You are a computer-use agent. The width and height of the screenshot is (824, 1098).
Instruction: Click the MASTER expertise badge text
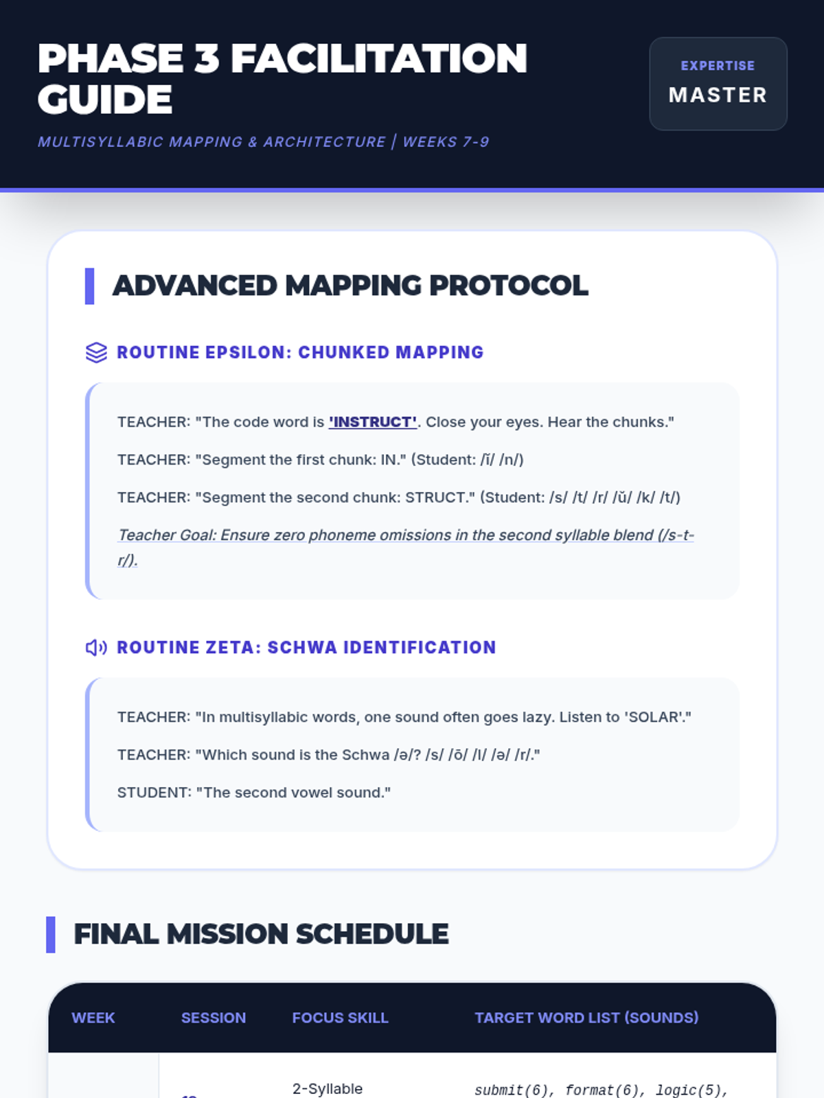point(718,95)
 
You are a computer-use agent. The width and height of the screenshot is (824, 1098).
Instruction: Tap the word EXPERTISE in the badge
point(718,65)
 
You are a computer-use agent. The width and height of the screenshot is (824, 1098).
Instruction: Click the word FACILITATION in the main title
point(378,58)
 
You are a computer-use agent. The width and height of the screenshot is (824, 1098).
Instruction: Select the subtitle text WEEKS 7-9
point(446,142)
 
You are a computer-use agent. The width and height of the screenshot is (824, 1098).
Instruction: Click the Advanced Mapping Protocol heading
point(350,285)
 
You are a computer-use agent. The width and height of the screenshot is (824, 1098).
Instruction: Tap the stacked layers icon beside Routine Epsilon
point(96,352)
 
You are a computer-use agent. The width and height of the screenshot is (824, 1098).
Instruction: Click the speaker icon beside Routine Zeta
point(96,647)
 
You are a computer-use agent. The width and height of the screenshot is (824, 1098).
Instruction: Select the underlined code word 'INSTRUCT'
point(373,421)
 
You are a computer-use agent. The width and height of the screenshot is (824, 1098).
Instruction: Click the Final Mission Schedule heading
point(261,934)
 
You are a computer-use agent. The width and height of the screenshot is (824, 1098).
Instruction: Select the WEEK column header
point(93,1018)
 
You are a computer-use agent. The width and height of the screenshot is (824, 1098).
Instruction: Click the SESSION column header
point(214,1018)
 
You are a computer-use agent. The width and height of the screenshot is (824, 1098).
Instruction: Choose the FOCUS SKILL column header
point(340,1018)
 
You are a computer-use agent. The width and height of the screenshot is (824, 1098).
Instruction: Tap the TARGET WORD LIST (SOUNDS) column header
point(586,1018)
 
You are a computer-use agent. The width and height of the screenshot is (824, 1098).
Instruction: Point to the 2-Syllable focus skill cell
point(328,1089)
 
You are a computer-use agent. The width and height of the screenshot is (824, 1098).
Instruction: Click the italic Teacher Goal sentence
point(405,547)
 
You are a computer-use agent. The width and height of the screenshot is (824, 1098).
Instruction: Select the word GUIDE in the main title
point(105,100)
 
